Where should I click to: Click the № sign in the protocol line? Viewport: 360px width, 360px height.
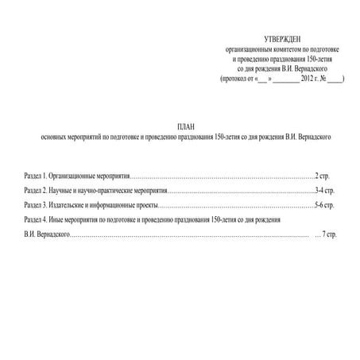pos(328,79)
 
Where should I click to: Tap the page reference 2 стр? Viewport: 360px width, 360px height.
pos(322,173)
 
